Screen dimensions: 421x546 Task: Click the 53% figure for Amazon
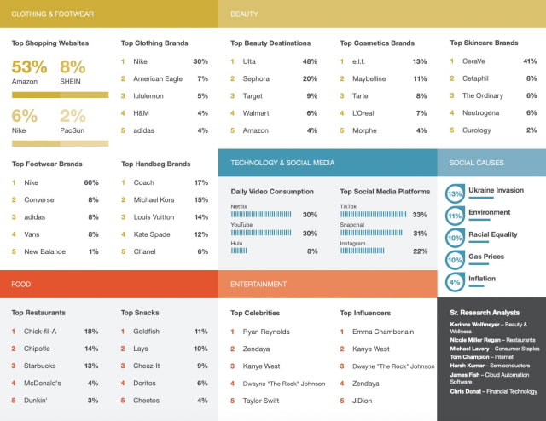[x=29, y=66]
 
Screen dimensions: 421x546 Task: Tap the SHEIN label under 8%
[x=72, y=82]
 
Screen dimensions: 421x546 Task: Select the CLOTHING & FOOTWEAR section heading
[x=53, y=14]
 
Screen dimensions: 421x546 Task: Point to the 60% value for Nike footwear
[x=91, y=182]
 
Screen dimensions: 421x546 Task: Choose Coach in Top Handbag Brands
[x=145, y=182]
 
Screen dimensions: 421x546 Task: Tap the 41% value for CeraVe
[x=530, y=61]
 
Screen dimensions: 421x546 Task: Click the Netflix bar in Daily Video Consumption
[x=261, y=215]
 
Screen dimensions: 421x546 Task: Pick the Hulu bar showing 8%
[x=239, y=251]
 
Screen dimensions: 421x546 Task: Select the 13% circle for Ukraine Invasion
[x=455, y=193]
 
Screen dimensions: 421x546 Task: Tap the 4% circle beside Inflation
[x=455, y=281]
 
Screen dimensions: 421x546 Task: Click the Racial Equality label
[x=493, y=234]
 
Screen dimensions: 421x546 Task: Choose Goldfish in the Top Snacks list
[x=148, y=332]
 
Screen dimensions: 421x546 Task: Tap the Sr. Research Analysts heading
[x=485, y=312]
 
